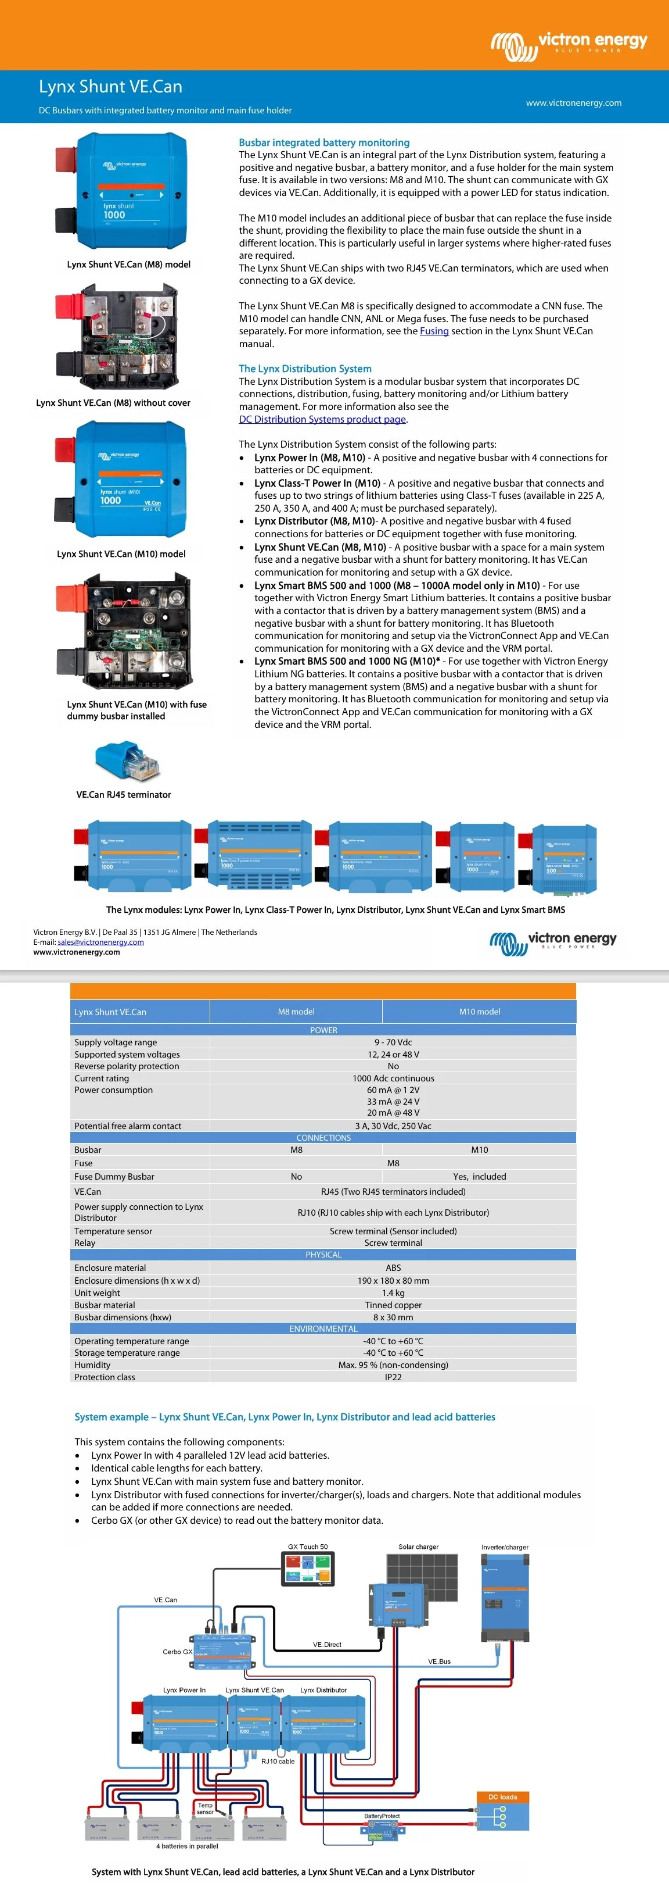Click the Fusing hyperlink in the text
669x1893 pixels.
pos(434,331)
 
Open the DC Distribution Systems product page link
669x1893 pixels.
pos(322,420)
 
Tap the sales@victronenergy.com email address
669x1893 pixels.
pos(100,942)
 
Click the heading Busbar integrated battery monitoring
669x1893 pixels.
pos(324,142)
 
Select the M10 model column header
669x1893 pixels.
pos(480,1012)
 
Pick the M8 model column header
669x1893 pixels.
pos(296,1012)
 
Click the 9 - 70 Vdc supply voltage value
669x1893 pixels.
pos(393,1042)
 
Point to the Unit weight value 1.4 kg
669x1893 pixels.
pos(393,1292)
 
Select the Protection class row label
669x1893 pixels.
pos(105,1377)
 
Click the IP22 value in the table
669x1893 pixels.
pos(393,1377)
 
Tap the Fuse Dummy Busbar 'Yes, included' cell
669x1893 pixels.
pos(480,1177)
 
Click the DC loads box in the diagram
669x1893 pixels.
pos(503,1812)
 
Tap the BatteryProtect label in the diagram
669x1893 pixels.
pos(382,1816)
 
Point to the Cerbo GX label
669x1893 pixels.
pos(177,1652)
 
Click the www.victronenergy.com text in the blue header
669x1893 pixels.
pos(574,103)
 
